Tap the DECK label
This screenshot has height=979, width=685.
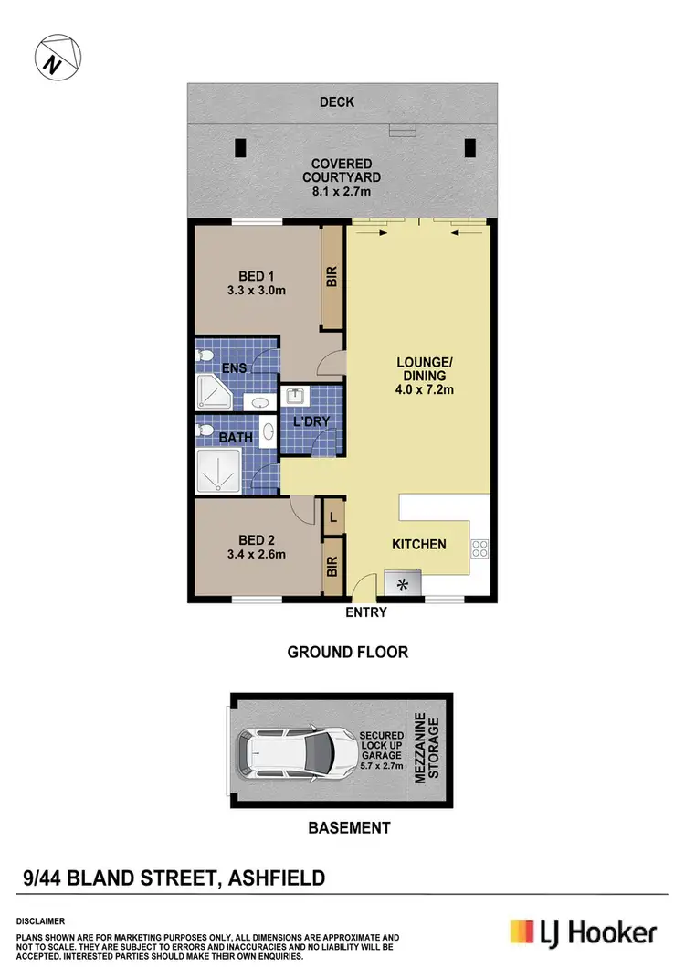[x=337, y=102]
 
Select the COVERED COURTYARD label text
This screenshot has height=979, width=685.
[x=341, y=171]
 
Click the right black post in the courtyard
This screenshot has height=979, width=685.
[x=471, y=147]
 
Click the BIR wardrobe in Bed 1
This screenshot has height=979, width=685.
[x=332, y=278]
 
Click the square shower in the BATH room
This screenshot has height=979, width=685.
[x=217, y=472]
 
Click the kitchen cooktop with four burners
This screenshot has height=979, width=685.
[x=479, y=548]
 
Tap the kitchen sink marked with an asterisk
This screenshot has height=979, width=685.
[x=403, y=582]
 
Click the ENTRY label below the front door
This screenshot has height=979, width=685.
[x=366, y=612]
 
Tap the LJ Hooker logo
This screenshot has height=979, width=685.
[x=583, y=932]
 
